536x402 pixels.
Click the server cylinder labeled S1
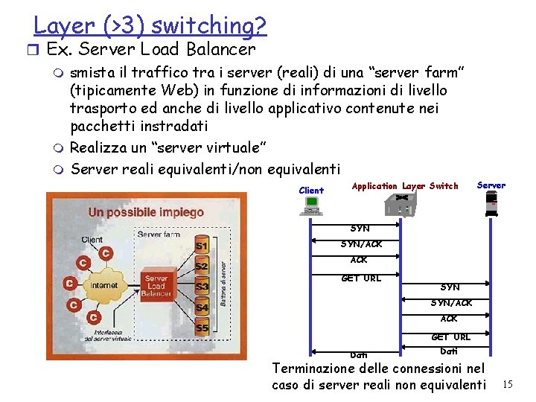[x=201, y=245]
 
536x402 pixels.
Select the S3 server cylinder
[x=201, y=287]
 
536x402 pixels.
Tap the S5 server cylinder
[x=201, y=328]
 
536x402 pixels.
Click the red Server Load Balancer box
[x=157, y=286]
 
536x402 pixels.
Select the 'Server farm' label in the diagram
[x=158, y=234]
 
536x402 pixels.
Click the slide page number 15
[x=508, y=384]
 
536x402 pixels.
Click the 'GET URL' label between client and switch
[x=360, y=278]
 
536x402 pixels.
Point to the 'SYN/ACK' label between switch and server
[x=451, y=302]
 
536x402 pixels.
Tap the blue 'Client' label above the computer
[x=311, y=191]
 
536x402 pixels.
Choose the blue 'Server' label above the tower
[x=491, y=185]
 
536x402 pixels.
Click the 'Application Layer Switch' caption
[x=405, y=186]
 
